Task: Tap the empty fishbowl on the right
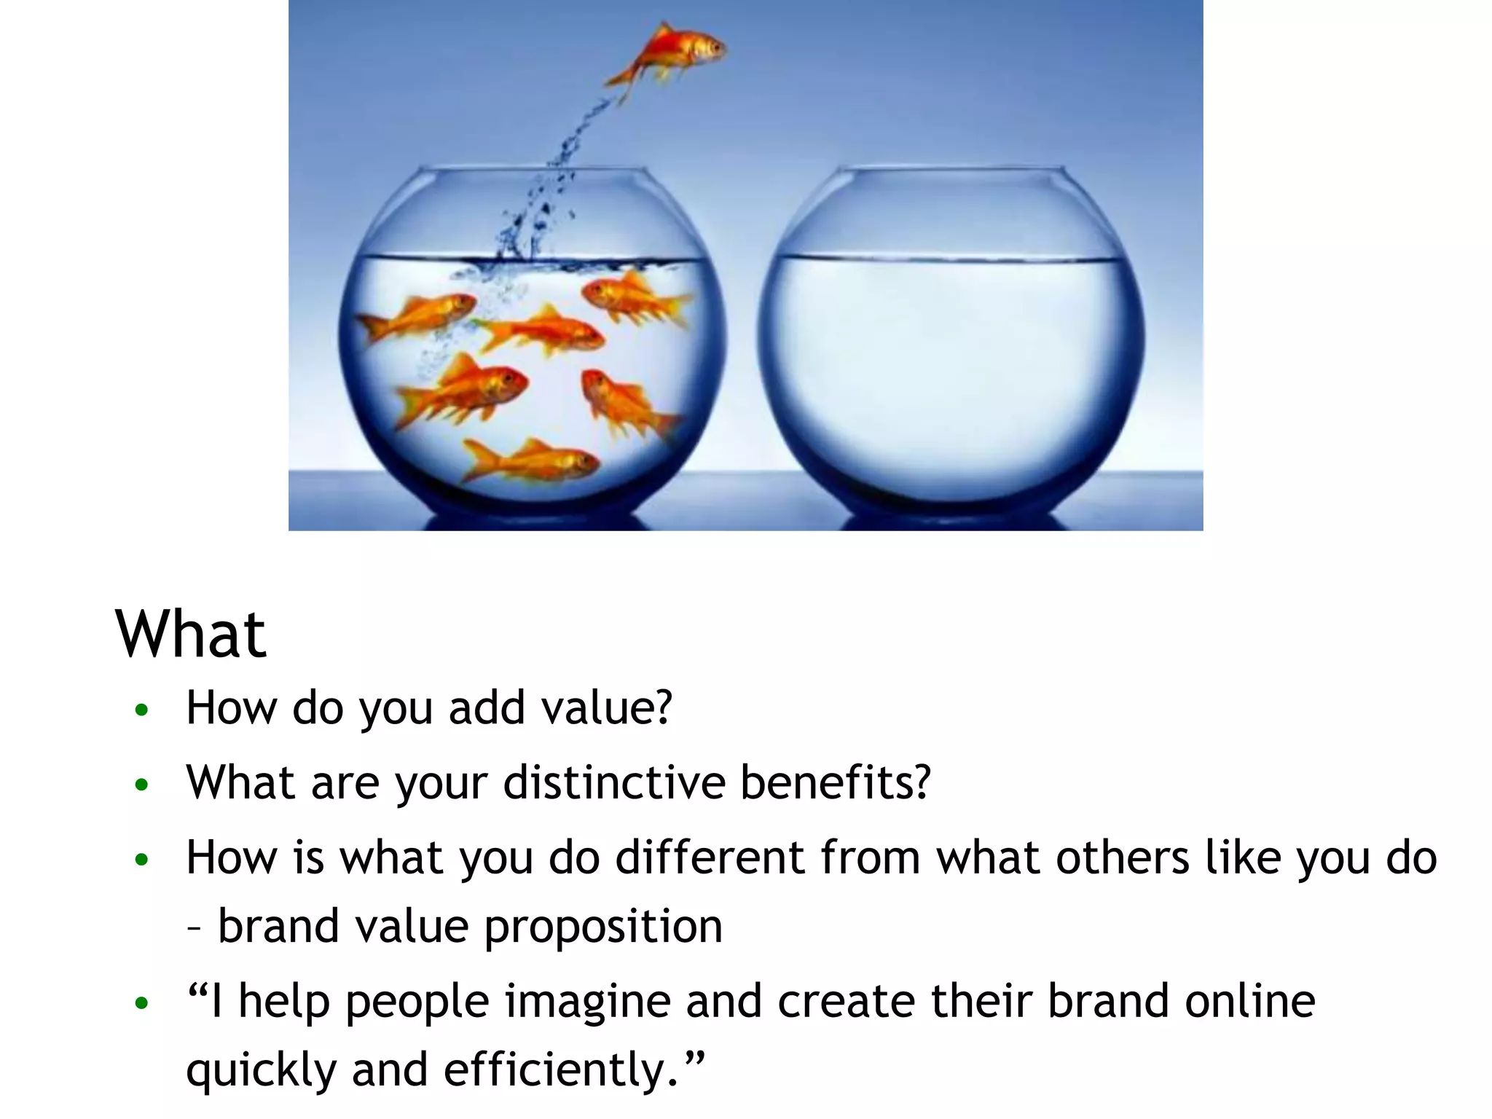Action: point(951,342)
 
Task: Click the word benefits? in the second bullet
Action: point(836,782)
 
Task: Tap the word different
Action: point(710,857)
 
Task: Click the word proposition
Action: point(603,927)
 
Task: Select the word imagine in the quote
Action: point(587,1002)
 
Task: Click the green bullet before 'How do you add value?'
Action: point(142,710)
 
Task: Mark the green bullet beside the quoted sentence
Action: point(142,1004)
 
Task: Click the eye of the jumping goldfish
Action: point(715,47)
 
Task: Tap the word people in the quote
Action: point(417,1002)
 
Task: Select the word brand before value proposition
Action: point(279,927)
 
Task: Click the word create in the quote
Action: point(846,1001)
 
